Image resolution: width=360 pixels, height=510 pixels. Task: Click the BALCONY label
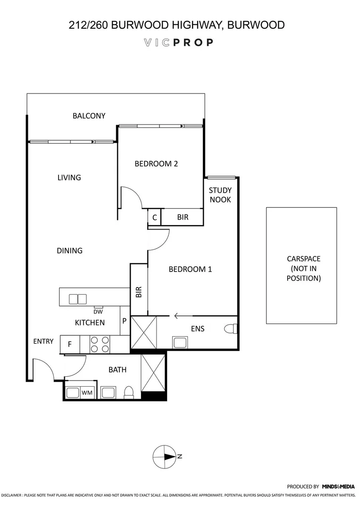(89, 116)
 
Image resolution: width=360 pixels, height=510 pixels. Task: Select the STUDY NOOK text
(220, 195)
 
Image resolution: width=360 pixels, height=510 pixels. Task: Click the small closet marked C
(154, 218)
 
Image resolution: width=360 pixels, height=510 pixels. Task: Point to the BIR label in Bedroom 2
(183, 218)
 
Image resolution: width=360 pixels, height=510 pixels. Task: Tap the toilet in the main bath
(128, 392)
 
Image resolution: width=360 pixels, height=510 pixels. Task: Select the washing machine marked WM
(87, 392)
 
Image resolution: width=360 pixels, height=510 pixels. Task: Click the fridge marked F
(70, 344)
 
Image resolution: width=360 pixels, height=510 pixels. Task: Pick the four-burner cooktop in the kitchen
(100, 344)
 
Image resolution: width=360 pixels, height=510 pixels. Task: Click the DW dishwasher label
(98, 311)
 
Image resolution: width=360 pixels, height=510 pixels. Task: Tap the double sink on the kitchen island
(78, 299)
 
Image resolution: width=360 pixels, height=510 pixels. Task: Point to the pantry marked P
(125, 321)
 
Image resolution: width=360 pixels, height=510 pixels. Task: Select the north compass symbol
(165, 456)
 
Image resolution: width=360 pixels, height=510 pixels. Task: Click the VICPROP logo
(178, 42)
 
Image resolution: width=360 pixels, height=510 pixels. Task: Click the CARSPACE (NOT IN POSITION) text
(303, 268)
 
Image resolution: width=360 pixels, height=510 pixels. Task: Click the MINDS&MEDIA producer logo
(338, 486)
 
